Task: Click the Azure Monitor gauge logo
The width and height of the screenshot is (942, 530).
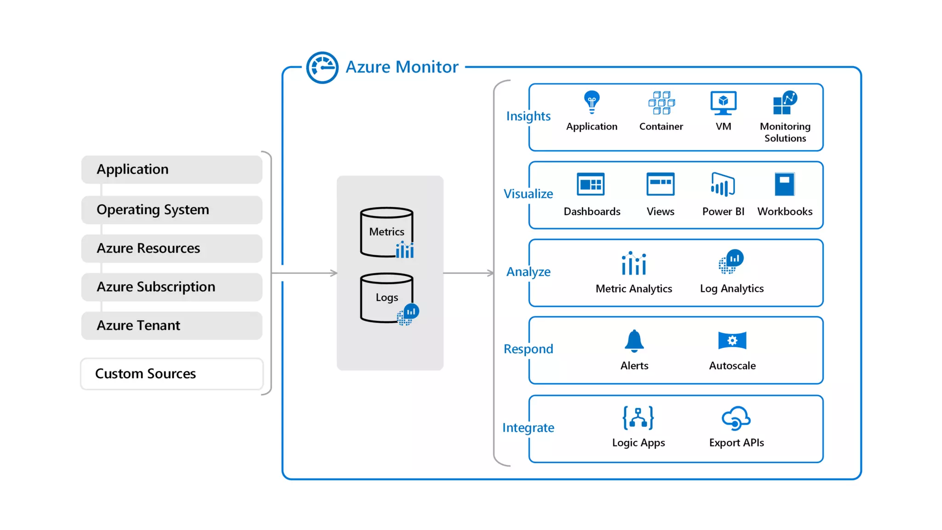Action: click(x=322, y=68)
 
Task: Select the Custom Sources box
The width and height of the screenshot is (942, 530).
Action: click(x=172, y=374)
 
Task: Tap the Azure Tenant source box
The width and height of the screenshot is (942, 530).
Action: click(x=172, y=326)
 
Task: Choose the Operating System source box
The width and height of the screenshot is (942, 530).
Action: click(x=172, y=210)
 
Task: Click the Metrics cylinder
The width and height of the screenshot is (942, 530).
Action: click(x=387, y=232)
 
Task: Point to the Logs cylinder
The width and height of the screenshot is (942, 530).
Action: click(x=387, y=298)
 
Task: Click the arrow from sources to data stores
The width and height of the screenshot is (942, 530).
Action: click(x=304, y=273)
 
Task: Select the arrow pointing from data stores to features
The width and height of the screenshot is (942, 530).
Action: click(x=469, y=273)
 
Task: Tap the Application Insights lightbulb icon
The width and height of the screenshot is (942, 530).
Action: click(x=592, y=102)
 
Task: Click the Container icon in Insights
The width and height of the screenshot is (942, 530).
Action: click(x=661, y=103)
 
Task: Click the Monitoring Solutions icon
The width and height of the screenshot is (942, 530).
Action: click(x=785, y=102)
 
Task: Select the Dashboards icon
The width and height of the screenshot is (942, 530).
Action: click(x=591, y=184)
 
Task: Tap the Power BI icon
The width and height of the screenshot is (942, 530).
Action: click(x=723, y=184)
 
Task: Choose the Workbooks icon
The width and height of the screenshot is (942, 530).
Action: click(x=785, y=184)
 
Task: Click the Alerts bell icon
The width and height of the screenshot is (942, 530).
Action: click(x=634, y=341)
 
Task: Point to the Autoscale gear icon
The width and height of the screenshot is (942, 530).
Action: click(x=732, y=340)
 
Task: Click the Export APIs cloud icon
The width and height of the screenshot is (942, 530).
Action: click(x=736, y=418)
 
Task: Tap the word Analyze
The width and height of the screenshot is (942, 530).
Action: click(x=528, y=272)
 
